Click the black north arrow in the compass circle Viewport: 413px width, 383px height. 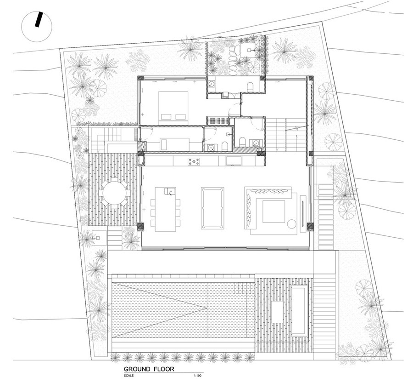tap(39, 20)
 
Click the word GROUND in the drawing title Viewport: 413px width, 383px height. tap(137, 369)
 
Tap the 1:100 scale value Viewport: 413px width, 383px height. tap(197, 375)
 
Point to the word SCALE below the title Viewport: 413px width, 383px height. tap(129, 375)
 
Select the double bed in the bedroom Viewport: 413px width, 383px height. tap(173, 108)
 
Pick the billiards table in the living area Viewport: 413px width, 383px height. tap(212, 208)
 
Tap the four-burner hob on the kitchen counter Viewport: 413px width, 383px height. tap(194, 161)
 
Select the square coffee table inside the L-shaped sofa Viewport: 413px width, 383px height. tap(273, 212)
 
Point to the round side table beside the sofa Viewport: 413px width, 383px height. tap(291, 224)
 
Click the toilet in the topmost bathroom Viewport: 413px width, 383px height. tap(250, 87)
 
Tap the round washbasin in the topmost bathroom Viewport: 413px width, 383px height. tap(211, 85)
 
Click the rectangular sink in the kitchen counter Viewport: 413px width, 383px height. tap(234, 160)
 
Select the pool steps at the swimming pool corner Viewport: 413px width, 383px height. tap(244, 288)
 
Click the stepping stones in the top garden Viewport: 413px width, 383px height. tap(233, 60)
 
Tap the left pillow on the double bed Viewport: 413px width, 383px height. tap(166, 117)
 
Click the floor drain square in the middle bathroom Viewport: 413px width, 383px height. tap(228, 134)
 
